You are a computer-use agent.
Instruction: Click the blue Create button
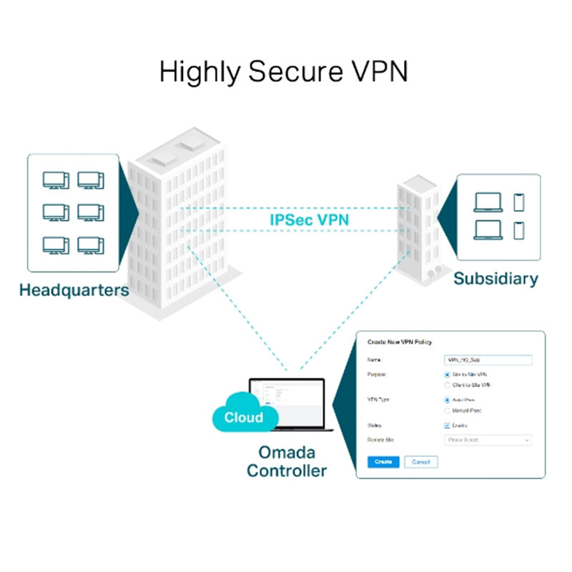(x=383, y=462)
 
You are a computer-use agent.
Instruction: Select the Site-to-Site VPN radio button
(x=447, y=374)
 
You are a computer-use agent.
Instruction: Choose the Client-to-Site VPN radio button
(x=447, y=385)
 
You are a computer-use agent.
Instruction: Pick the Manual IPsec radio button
(x=447, y=410)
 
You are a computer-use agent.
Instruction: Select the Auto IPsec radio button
(x=447, y=400)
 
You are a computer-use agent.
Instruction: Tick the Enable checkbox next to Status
(x=447, y=425)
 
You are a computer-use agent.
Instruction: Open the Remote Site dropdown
(x=488, y=440)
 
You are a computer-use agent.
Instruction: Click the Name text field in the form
(x=488, y=360)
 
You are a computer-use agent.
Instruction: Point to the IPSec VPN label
(x=309, y=220)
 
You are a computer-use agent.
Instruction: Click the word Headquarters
(x=74, y=290)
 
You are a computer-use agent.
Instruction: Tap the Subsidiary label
(x=495, y=279)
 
